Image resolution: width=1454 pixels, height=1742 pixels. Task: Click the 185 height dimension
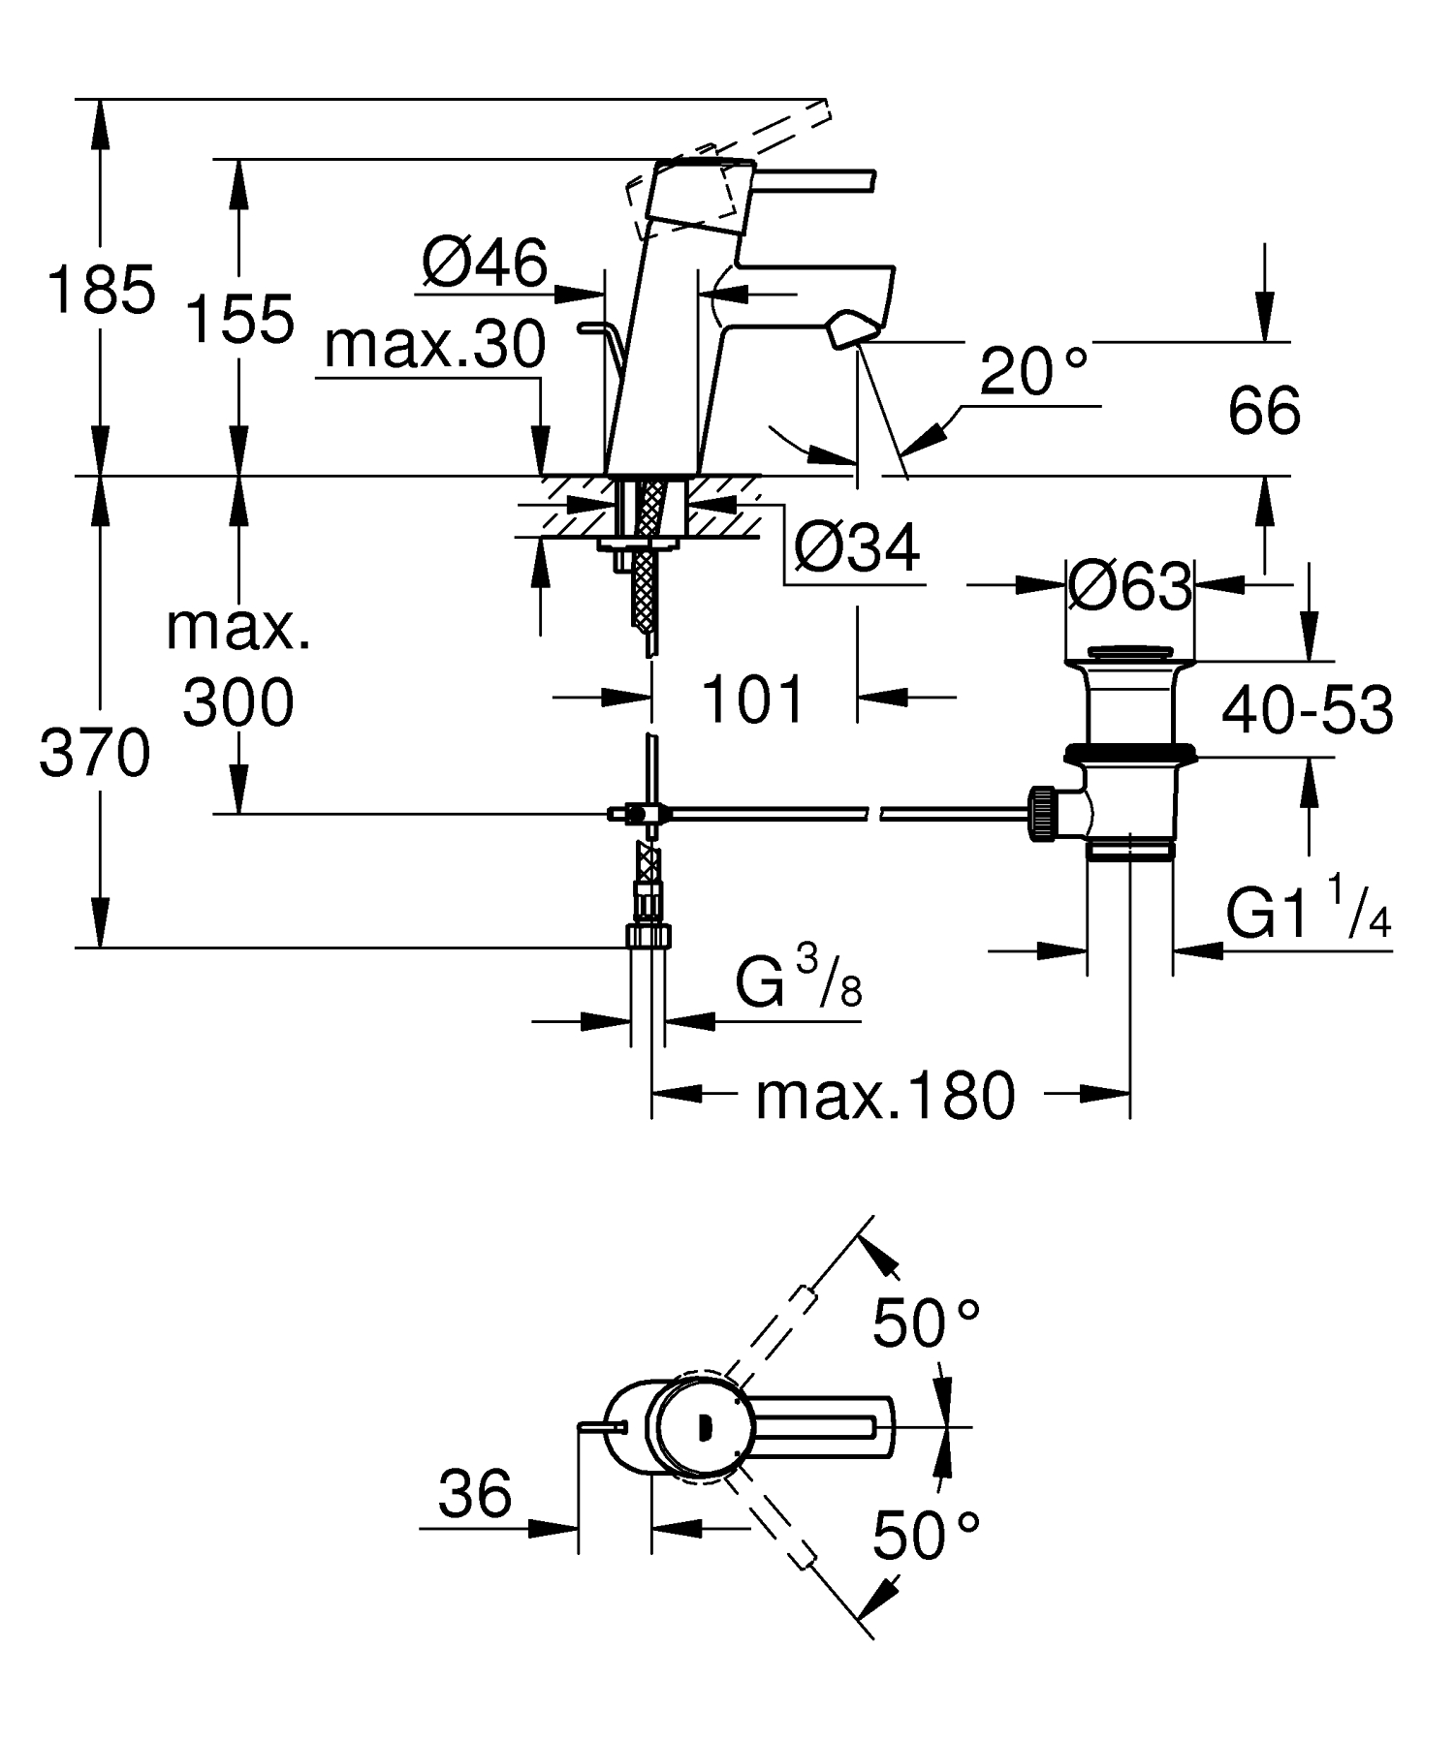click(101, 289)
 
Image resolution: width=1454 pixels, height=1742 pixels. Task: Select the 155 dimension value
click(239, 320)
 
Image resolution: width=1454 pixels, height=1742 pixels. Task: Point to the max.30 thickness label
click(435, 345)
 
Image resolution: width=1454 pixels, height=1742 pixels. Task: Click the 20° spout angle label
click(1032, 372)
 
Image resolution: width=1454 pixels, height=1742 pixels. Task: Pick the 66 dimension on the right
click(1263, 411)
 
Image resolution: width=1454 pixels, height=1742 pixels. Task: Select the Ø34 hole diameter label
click(856, 550)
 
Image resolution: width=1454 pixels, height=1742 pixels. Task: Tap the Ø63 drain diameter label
click(1129, 587)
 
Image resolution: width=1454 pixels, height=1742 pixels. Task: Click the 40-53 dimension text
click(1307, 710)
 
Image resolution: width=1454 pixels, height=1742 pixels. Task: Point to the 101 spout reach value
click(752, 700)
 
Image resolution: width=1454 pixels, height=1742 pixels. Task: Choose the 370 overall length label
click(95, 754)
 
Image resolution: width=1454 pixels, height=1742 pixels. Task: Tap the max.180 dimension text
click(885, 1096)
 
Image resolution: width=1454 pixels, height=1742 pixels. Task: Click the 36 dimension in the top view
click(474, 1493)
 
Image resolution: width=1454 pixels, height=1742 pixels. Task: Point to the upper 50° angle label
click(927, 1323)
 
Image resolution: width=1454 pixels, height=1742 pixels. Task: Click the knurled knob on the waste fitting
click(1042, 814)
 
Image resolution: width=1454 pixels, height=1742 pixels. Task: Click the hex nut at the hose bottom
click(648, 937)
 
